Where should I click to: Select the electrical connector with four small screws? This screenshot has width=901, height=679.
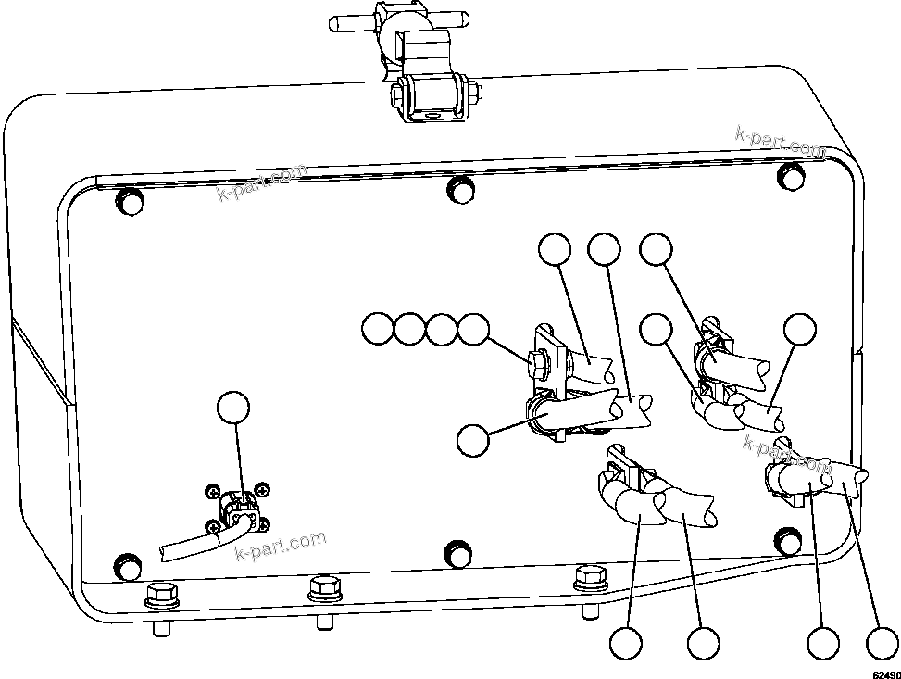237,509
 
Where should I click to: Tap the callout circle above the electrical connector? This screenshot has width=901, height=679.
232,409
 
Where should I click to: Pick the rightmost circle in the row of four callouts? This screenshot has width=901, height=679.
474,328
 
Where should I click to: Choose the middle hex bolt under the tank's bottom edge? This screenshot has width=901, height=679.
324,586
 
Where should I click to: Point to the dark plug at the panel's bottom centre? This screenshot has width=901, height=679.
457,553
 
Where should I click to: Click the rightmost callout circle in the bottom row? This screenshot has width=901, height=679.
881,642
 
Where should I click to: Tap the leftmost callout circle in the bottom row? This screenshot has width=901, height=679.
627,642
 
